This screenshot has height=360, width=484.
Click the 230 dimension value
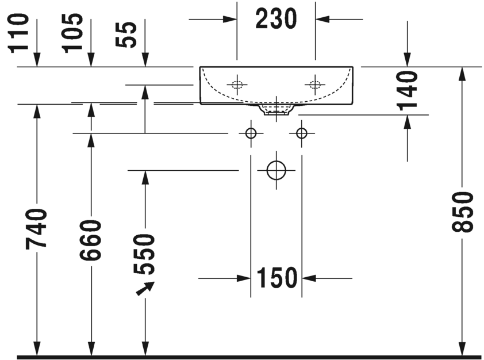(276, 20)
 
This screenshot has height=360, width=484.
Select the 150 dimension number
(276, 278)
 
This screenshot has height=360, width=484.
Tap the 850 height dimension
(463, 212)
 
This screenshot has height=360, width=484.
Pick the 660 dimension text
(90, 239)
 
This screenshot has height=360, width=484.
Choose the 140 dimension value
(407, 90)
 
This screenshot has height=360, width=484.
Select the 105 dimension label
(73, 32)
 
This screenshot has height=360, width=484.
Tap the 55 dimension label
(128, 35)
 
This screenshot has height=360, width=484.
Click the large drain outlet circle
(276, 170)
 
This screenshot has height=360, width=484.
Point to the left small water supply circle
(251, 133)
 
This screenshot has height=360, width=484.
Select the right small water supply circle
(302, 133)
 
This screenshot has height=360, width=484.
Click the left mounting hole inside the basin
(237, 85)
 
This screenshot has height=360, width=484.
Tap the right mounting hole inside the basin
(314, 85)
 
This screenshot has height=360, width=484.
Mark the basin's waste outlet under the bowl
(276, 109)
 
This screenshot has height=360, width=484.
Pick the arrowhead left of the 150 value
(244, 278)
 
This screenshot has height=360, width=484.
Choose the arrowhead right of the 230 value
(322, 20)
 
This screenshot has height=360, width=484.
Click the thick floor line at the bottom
(247, 357)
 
